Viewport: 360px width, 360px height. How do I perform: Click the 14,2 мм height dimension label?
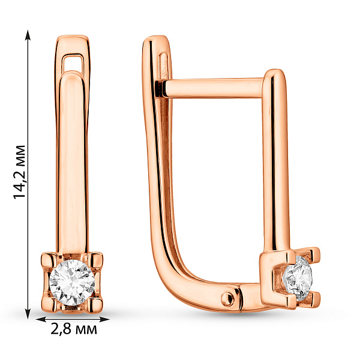(20, 172)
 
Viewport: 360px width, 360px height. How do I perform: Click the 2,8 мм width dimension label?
(73, 329)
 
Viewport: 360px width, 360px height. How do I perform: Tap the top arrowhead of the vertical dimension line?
(28, 35)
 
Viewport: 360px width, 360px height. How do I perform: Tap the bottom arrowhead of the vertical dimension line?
(28, 314)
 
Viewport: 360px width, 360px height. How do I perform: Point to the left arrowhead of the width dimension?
(41, 319)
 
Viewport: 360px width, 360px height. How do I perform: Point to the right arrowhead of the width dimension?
(104, 319)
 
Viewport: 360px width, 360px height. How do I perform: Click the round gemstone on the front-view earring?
(72, 283)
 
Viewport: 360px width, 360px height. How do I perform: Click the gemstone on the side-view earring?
(298, 278)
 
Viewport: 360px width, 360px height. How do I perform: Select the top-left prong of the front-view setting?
(49, 260)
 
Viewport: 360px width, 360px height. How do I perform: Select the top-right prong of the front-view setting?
(95, 260)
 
